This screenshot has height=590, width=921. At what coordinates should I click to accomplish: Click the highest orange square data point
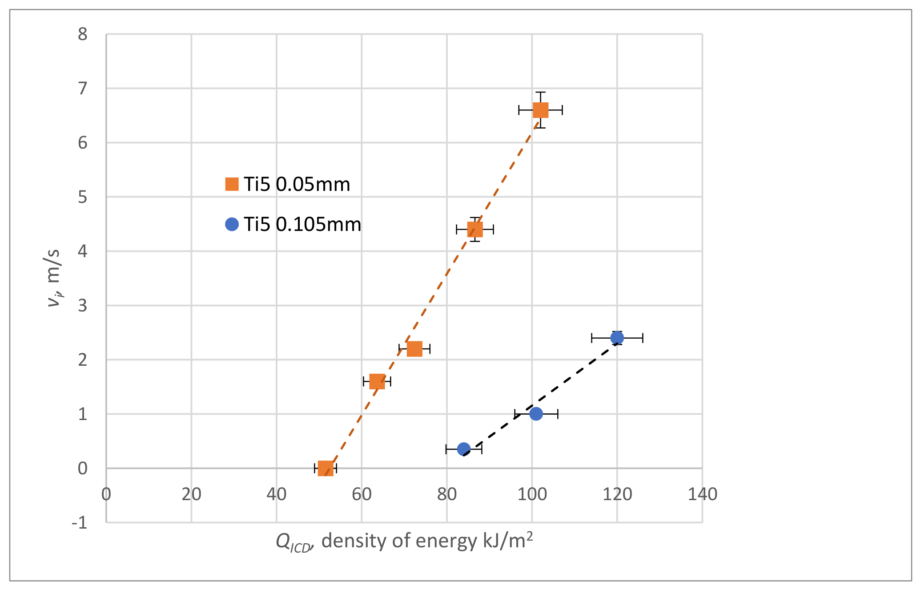pyautogui.click(x=540, y=110)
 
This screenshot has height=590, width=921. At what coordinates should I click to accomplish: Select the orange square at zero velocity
pyautogui.click(x=326, y=468)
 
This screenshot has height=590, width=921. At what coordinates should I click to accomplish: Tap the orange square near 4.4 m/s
pyautogui.click(x=475, y=230)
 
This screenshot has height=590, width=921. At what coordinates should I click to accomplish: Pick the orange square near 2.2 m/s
pyautogui.click(x=414, y=349)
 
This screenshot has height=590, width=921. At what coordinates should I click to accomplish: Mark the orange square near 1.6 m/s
pyautogui.click(x=377, y=381)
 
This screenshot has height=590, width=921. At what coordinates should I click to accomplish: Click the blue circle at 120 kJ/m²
pyautogui.click(x=617, y=338)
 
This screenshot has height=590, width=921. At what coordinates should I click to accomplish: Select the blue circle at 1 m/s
pyautogui.click(x=536, y=414)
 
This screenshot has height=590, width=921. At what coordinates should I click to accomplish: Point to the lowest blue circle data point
pyautogui.click(x=464, y=449)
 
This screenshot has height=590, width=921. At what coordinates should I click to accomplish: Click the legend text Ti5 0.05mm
pyautogui.click(x=297, y=184)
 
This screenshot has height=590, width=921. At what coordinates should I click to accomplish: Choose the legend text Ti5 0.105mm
pyautogui.click(x=302, y=224)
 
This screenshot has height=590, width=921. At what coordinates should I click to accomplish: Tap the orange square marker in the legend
pyautogui.click(x=232, y=184)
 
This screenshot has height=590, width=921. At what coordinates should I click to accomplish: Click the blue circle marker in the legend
pyautogui.click(x=232, y=224)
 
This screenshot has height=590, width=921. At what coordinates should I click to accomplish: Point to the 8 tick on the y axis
pyautogui.click(x=83, y=34)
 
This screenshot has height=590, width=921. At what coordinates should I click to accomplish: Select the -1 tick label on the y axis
pyautogui.click(x=80, y=522)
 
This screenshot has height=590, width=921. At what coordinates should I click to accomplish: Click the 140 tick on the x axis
pyautogui.click(x=703, y=494)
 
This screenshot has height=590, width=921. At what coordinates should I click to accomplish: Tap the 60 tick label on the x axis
pyautogui.click(x=362, y=494)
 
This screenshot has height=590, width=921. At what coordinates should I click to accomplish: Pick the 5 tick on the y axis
pyautogui.click(x=83, y=197)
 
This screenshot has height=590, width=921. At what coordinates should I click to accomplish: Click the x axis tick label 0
pyautogui.click(x=106, y=494)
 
